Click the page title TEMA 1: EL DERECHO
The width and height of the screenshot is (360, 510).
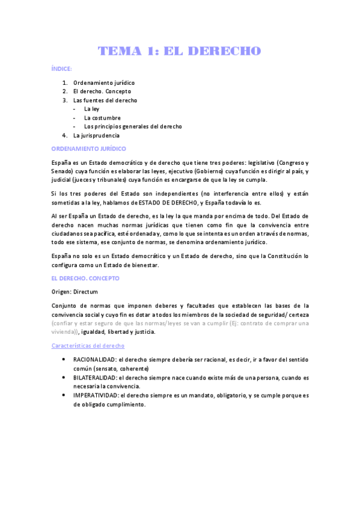(x=180, y=51)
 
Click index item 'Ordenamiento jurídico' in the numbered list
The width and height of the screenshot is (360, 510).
(x=104, y=82)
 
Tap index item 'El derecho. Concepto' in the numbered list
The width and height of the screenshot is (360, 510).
(x=102, y=91)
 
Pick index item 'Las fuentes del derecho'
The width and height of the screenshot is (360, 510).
(x=105, y=100)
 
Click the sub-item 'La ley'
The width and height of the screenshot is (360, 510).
(x=91, y=109)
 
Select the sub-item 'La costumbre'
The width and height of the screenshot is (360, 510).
(x=102, y=118)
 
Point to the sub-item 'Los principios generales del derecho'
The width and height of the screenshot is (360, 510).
(x=133, y=127)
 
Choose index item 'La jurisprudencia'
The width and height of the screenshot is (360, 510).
(x=100, y=136)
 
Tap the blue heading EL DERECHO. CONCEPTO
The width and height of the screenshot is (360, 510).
(x=85, y=278)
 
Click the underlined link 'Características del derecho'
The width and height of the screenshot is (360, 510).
(x=88, y=346)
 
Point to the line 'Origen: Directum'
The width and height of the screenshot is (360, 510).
(x=77, y=292)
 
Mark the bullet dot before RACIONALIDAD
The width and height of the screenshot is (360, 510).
(x=64, y=359)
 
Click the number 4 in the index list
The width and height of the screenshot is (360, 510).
(x=64, y=136)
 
